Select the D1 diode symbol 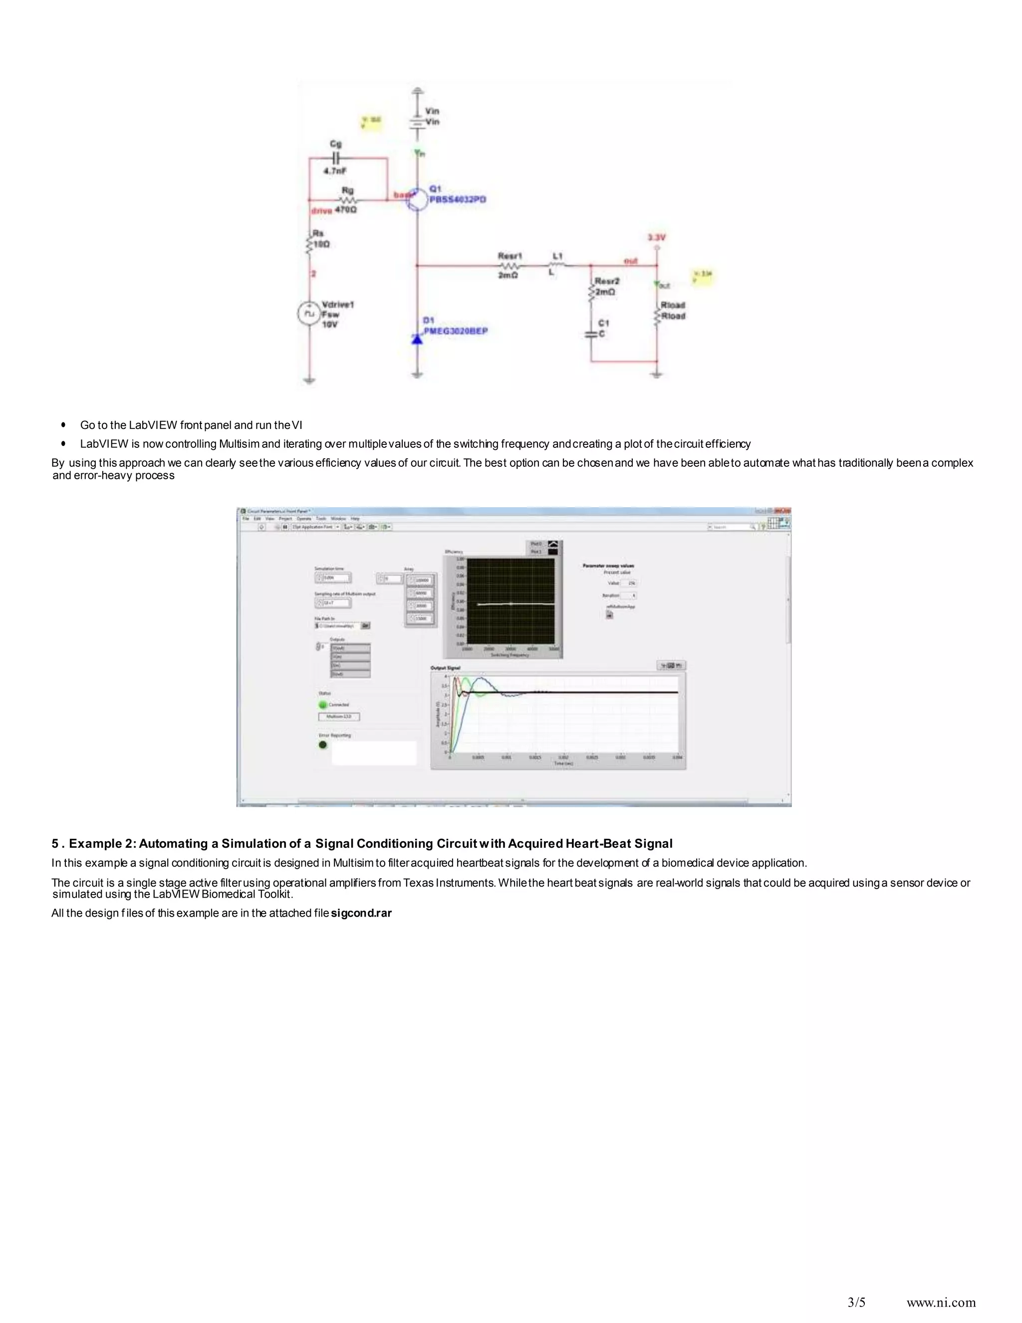click(x=417, y=339)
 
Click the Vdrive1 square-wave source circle click(x=309, y=313)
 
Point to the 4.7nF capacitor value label click(x=335, y=171)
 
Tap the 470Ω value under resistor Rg click(x=346, y=210)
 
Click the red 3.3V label click(x=656, y=238)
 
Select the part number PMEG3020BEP click(x=455, y=331)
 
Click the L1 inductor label click(x=557, y=256)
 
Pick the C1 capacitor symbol click(x=591, y=334)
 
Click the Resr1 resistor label click(x=510, y=256)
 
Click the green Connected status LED click(x=323, y=704)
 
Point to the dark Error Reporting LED click(x=323, y=744)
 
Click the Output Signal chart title click(x=445, y=667)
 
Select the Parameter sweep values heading click(x=608, y=565)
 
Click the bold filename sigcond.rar click(x=361, y=913)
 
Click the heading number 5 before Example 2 click(x=55, y=843)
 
